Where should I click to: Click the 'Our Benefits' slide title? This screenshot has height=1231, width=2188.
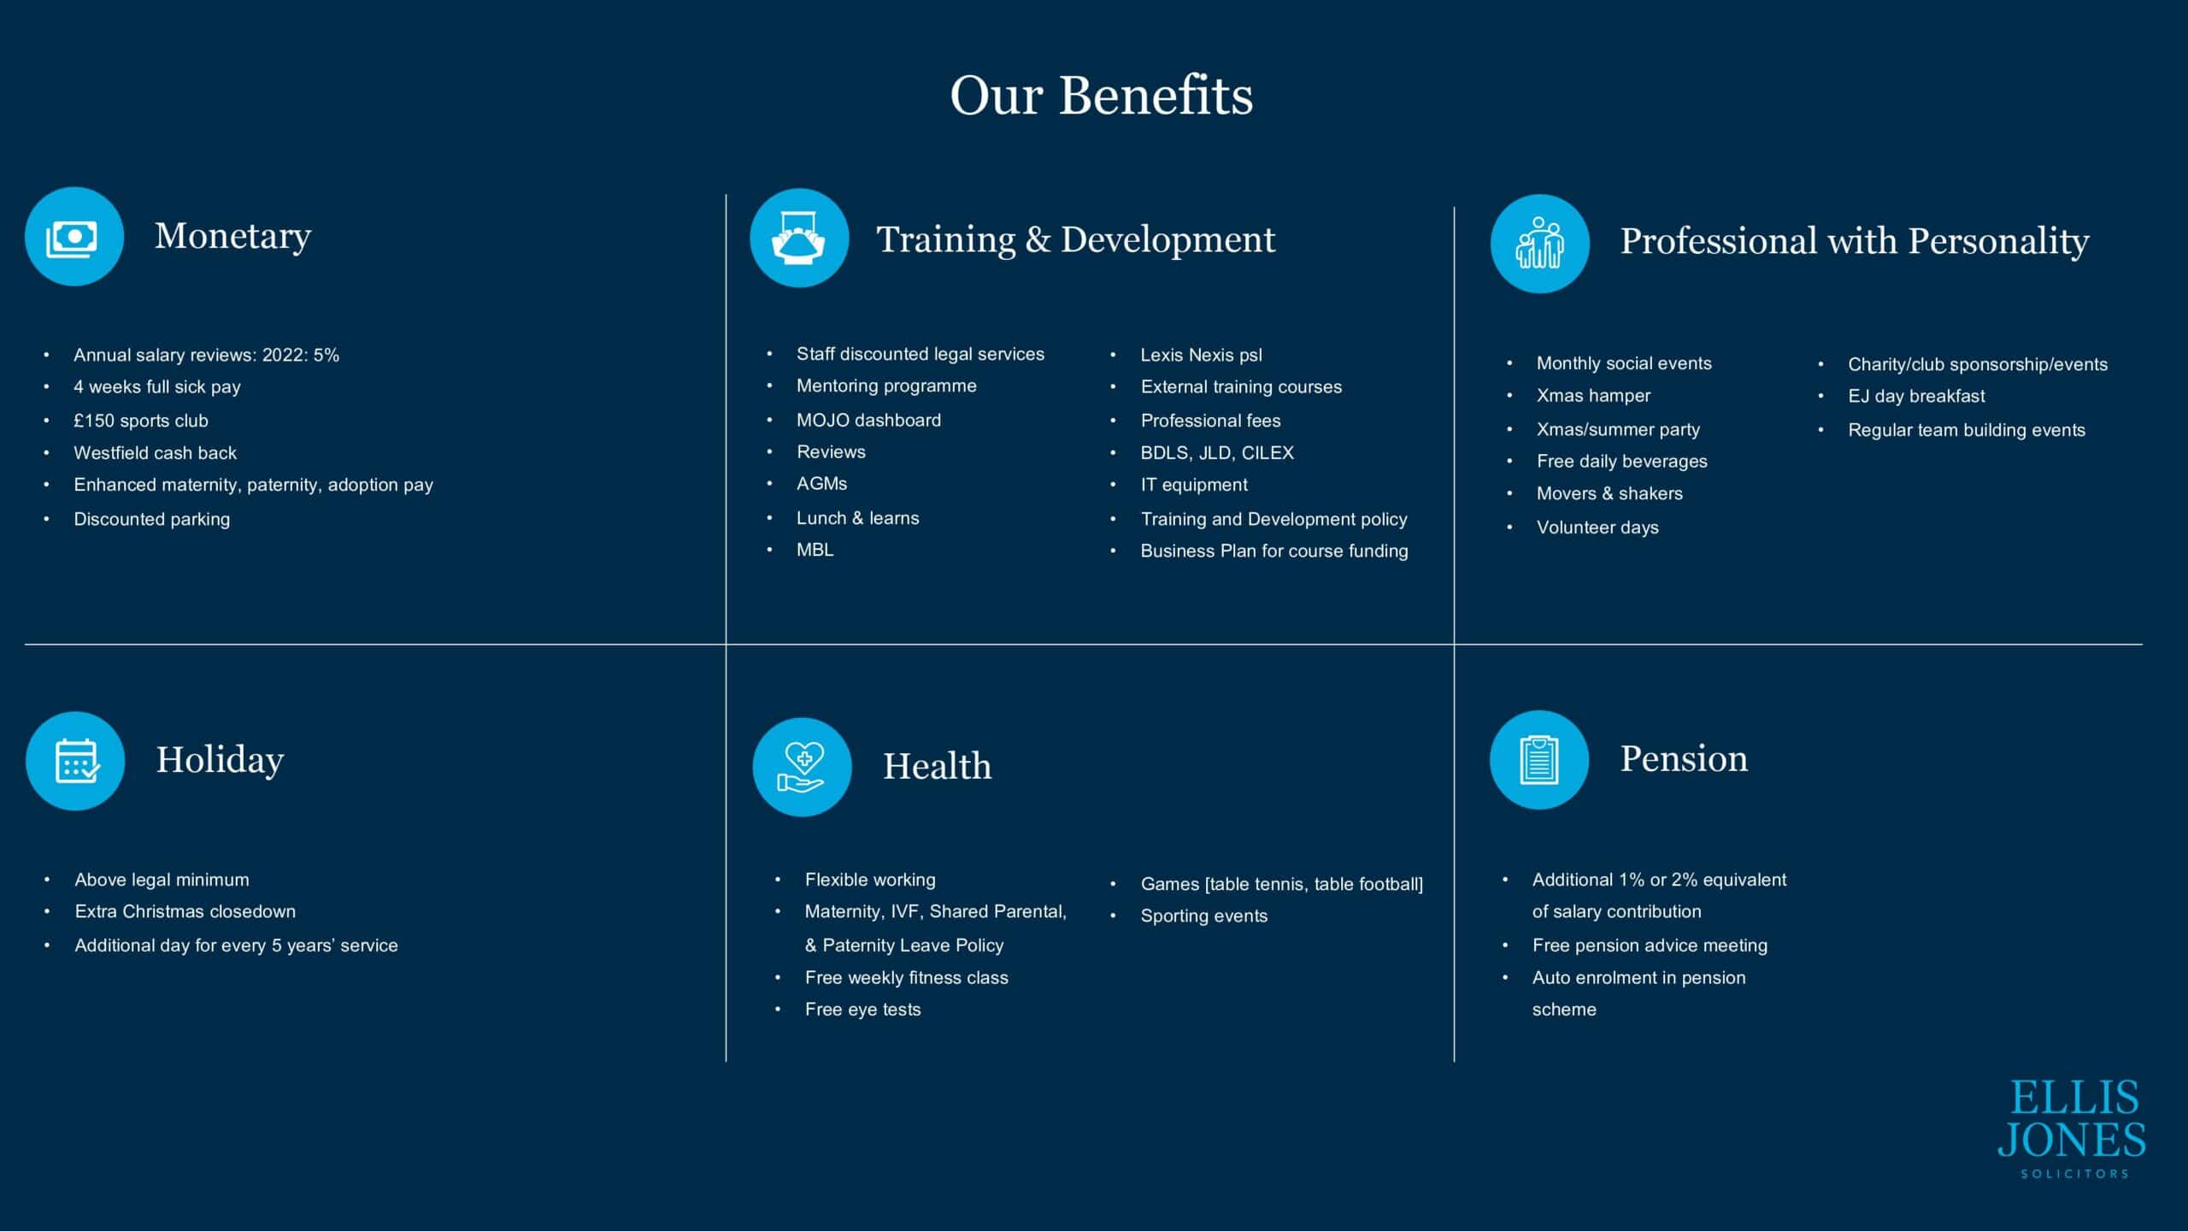tap(1102, 95)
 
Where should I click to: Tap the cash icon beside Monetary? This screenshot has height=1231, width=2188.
tap(74, 237)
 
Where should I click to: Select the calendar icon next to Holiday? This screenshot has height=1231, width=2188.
tap(75, 761)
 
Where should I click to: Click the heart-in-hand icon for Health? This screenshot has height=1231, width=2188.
tap(802, 767)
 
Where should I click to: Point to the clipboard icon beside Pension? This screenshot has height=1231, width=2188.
tap(1539, 759)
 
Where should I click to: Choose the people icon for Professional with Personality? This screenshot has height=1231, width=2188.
tap(1540, 244)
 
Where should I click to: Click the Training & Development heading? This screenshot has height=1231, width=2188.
tap(1076, 239)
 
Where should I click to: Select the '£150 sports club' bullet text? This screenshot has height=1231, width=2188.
tap(141, 421)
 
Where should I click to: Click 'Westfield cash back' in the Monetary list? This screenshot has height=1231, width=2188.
tap(155, 453)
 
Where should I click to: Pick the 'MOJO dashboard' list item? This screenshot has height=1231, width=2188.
tap(868, 420)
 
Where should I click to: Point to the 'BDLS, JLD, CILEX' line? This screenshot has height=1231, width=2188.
tap(1217, 453)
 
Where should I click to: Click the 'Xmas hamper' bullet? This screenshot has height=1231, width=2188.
tap(1593, 396)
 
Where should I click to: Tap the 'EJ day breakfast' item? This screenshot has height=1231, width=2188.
tap(1916, 397)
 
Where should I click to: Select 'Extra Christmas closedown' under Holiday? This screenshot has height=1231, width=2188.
tap(185, 911)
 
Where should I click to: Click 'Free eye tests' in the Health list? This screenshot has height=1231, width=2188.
tap(862, 1010)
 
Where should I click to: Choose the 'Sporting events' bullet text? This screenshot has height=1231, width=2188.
tap(1203, 916)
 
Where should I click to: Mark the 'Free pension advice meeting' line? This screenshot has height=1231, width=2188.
tap(1650, 945)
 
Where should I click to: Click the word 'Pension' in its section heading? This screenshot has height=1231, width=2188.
tap(1684, 758)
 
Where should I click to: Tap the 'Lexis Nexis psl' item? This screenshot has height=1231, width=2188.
tap(1201, 356)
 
